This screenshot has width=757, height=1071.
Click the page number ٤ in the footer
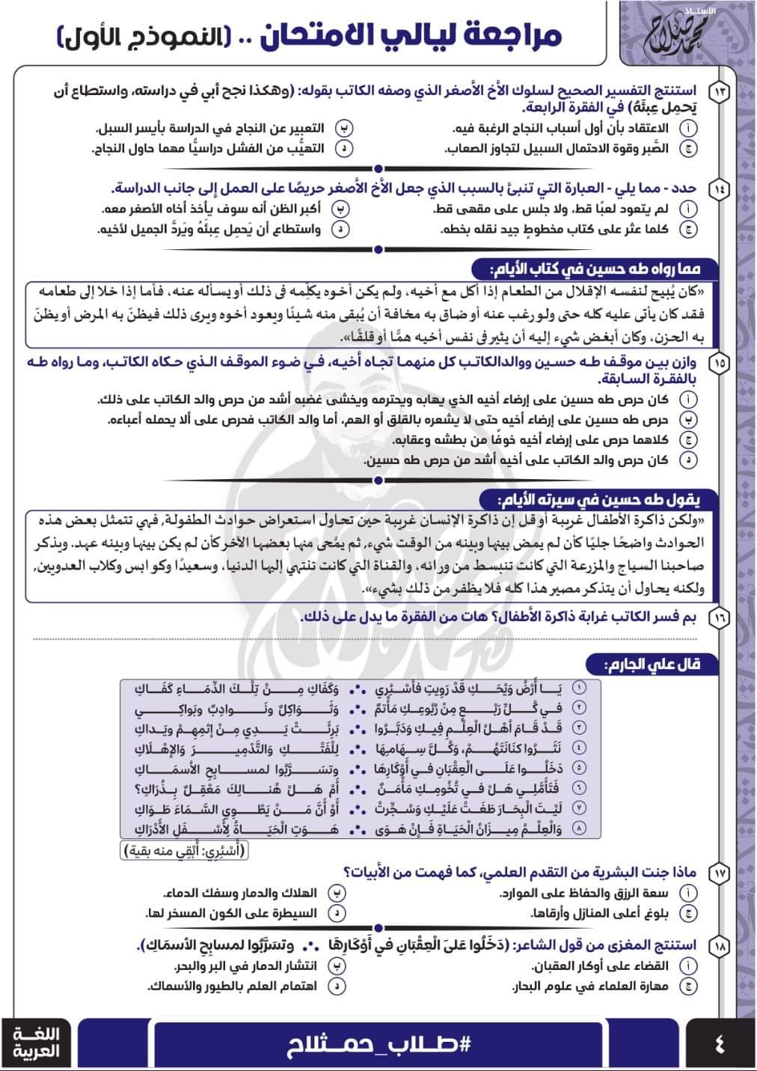pyautogui.click(x=720, y=1043)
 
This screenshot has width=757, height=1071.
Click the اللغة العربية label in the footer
pyautogui.click(x=37, y=1043)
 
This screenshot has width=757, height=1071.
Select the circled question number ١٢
pyautogui.click(x=720, y=92)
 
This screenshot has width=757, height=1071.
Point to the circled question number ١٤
pyautogui.click(x=720, y=189)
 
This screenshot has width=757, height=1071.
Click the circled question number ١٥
pyautogui.click(x=720, y=364)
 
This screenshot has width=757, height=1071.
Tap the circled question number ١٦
pyautogui.click(x=720, y=617)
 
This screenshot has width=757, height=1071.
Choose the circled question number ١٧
pyautogui.click(x=720, y=872)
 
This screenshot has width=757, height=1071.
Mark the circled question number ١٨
pyautogui.click(x=720, y=945)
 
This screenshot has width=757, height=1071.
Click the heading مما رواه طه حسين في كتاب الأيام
pyautogui.click(x=595, y=269)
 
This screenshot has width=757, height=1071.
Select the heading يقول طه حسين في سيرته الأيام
pyautogui.click(x=598, y=499)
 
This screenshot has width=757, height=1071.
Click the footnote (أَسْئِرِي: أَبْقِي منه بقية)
pyautogui.click(x=185, y=850)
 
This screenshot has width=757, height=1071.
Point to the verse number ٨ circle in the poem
pyautogui.click(x=579, y=829)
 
